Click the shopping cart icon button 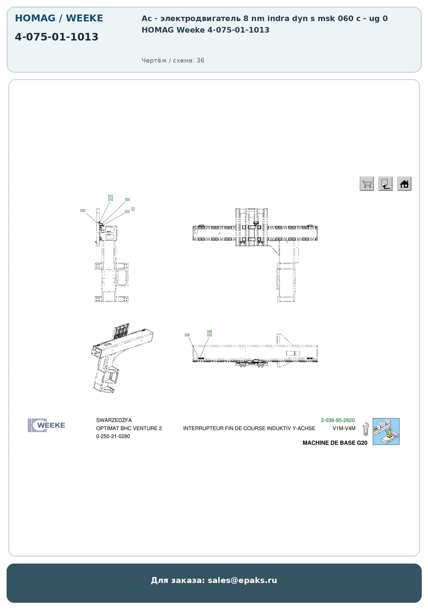coord(367,184)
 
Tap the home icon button coord(404,184)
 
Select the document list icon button coord(386,184)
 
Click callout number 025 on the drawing coord(83,211)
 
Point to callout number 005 coord(127,200)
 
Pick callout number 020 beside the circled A coord(127,212)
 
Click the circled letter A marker coord(133,209)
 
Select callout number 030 coord(187,335)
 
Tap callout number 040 coord(210,332)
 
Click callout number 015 coord(111,197)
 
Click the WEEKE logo coord(46,425)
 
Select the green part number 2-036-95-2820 coord(338,420)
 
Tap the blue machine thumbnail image coord(386,432)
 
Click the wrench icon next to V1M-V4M coord(365,429)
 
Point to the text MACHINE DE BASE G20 coord(335,443)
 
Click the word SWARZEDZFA coord(114,420)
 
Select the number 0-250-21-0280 coord(113,437)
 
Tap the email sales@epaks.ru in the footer coord(242,580)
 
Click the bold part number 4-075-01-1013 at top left coord(57,37)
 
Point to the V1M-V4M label coord(344,429)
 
